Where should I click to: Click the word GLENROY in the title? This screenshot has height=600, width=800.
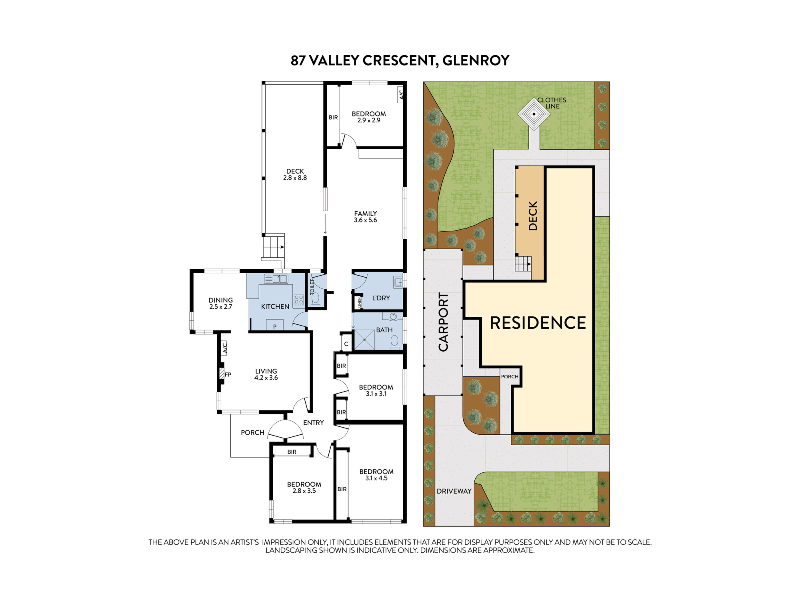pos(476,60)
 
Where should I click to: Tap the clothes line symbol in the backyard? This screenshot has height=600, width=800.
pos(534,114)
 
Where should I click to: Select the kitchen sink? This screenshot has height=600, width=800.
pos(276,278)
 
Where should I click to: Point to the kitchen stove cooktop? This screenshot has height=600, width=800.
pos(299,300)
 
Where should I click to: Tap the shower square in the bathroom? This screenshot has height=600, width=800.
pos(364,340)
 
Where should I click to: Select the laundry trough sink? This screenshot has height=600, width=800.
pos(398,282)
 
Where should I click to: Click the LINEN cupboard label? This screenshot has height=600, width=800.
pos(360,302)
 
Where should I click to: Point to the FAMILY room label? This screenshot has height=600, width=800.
pos(365,214)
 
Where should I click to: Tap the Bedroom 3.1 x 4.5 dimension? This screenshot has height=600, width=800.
pos(376,478)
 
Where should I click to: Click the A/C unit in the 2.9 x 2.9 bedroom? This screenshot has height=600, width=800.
pos(400,95)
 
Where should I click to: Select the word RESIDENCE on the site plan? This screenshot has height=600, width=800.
pos(538,323)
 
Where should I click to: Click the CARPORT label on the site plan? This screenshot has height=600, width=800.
pos(443,322)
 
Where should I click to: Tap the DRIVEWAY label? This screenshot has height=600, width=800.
pos(454,491)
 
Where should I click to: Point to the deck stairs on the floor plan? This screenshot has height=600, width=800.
pos(274,247)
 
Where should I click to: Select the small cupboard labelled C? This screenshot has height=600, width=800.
pos(346,343)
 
